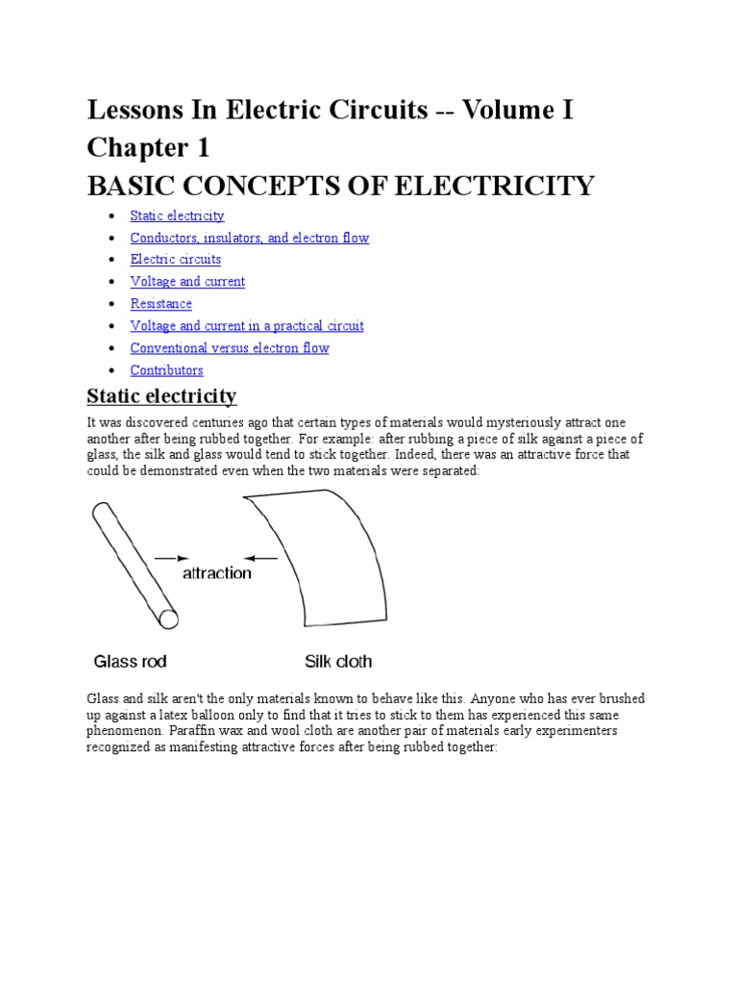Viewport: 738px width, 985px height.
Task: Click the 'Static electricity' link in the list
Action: [177, 215]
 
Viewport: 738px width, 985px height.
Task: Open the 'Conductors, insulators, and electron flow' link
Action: [249, 238]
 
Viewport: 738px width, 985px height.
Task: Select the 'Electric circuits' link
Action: [175, 260]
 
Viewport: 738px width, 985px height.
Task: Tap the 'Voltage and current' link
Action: [187, 282]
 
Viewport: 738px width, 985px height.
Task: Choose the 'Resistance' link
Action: [160, 304]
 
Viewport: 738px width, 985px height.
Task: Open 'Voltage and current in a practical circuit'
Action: [246, 326]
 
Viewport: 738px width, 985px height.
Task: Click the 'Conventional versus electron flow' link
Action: [229, 348]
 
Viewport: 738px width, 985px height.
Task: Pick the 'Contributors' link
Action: [166, 370]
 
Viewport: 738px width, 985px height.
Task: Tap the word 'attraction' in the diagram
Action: [217, 573]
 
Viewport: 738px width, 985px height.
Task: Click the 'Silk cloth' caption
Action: [338, 662]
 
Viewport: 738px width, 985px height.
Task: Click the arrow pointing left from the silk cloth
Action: [261, 557]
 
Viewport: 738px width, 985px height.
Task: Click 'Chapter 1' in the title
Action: [148, 148]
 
